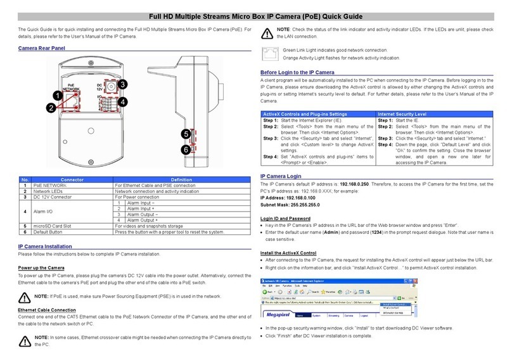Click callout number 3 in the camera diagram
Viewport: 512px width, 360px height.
123,84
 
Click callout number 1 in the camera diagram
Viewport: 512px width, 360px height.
57,95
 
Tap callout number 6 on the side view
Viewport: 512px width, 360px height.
184,150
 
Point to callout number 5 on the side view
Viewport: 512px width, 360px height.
184,134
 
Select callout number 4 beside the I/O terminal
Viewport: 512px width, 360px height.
123,101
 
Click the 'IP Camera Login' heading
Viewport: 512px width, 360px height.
285,177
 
